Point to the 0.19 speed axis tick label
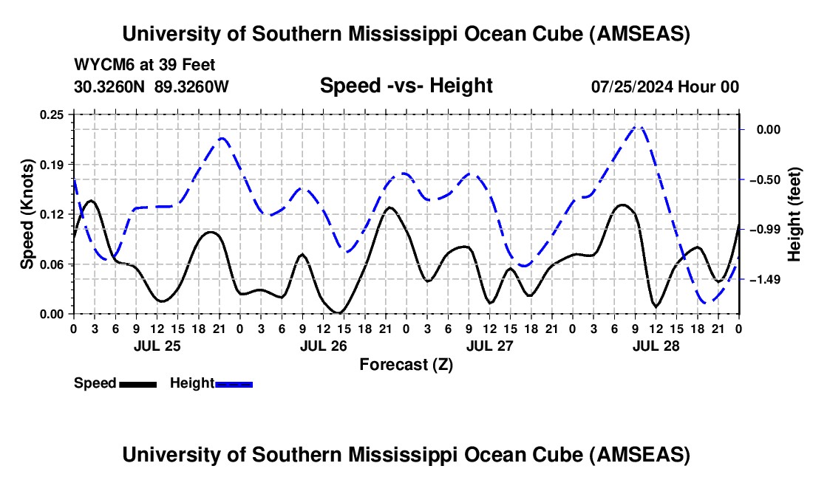55,164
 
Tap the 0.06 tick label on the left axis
55,264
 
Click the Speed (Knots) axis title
27,214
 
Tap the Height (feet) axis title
795,214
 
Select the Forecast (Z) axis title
406,364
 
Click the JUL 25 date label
157,345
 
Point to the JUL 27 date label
489,345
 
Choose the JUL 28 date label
656,345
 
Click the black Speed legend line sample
137,384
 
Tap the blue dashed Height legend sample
234,384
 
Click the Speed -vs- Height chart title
406,86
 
